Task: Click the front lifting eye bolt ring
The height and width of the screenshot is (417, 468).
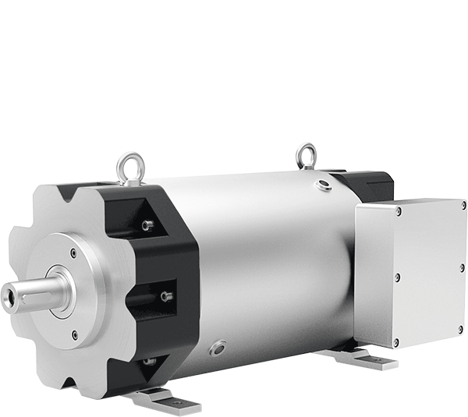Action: (x=126, y=163)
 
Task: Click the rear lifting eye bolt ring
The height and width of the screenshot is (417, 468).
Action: (x=306, y=154)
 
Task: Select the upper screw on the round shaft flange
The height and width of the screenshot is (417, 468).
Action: (x=73, y=251)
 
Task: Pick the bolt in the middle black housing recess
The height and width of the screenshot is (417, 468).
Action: (x=165, y=295)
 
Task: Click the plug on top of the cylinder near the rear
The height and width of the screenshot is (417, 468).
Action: (x=322, y=185)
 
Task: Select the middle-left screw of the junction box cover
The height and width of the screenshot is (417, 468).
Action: (x=395, y=276)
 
